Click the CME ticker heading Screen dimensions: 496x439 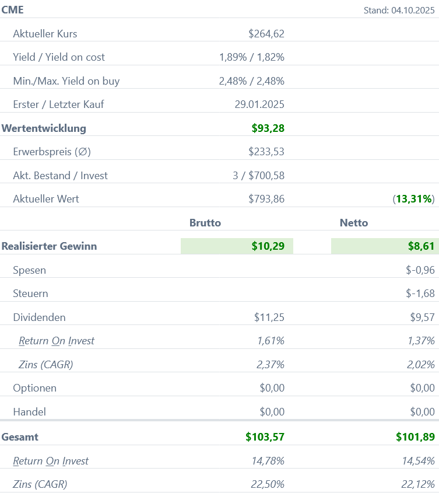[x=13, y=10]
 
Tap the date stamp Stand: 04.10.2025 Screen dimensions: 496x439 [x=399, y=10]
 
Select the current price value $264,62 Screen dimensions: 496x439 [x=266, y=34]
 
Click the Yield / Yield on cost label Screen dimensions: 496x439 [x=59, y=57]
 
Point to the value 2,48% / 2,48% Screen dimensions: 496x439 [x=251, y=81]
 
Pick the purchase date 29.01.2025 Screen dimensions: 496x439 [x=259, y=104]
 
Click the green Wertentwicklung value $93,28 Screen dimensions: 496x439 [x=268, y=128]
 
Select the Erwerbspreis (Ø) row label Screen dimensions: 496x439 [x=52, y=152]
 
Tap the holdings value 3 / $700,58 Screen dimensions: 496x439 [x=258, y=175]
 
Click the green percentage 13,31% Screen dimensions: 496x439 [x=414, y=199]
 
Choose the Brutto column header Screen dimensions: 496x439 [x=205, y=222]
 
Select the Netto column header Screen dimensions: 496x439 [x=353, y=222]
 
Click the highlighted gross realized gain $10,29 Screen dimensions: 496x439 [x=268, y=246]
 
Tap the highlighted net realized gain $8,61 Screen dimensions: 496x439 [x=421, y=246]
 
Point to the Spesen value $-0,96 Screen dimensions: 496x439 [x=420, y=270]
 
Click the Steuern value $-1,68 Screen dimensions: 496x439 [x=420, y=294]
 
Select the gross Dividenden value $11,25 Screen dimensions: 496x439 [x=269, y=317]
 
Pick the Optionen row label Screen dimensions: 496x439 [x=35, y=388]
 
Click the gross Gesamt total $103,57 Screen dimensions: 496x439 [x=265, y=436]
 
